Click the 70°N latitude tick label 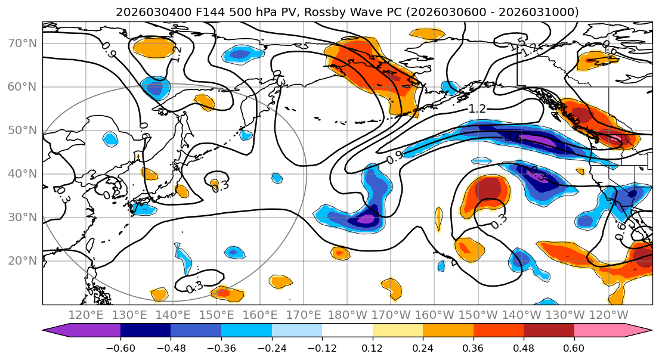tap(23, 43)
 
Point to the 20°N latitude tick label tap(23, 260)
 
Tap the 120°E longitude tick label tap(85, 315)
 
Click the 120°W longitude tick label tap(609, 315)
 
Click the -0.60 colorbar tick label tap(120, 347)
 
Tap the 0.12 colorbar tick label tap(373, 347)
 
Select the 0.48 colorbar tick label tap(524, 347)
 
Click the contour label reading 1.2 tap(477, 108)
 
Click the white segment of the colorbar tap(347, 331)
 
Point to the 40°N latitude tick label tap(23, 173)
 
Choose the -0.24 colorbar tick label tap(271, 347)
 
